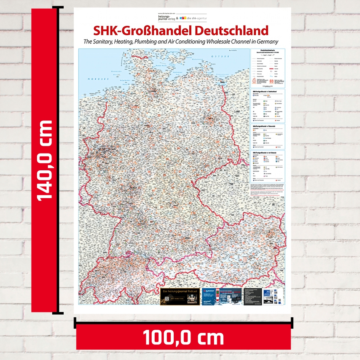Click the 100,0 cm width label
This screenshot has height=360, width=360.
(183, 338)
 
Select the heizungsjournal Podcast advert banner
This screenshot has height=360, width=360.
(180, 296)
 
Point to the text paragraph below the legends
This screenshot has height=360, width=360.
(267, 189)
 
